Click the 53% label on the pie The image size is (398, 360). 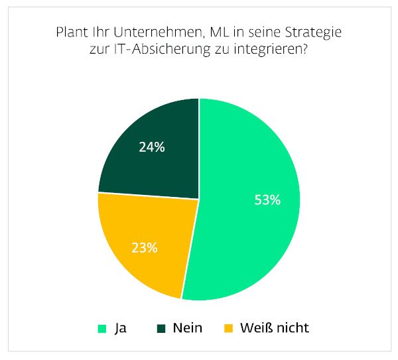(267, 200)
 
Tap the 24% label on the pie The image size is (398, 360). (152, 147)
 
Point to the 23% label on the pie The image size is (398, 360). (144, 248)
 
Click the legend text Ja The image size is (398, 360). (120, 328)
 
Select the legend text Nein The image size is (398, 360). (187, 328)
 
